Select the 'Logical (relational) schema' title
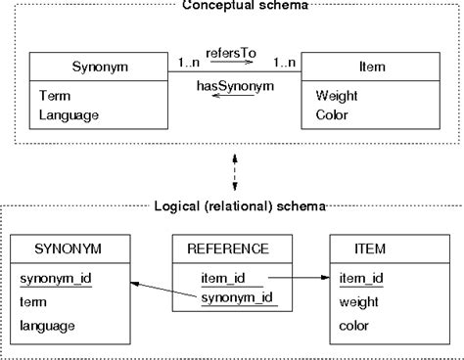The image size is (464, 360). point(231,205)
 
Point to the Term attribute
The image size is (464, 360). point(55,96)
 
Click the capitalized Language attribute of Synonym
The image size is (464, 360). point(70,115)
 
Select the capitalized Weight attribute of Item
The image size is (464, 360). point(338,96)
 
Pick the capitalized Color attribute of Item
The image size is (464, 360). point(333,115)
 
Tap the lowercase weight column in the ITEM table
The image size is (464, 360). point(358,302)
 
